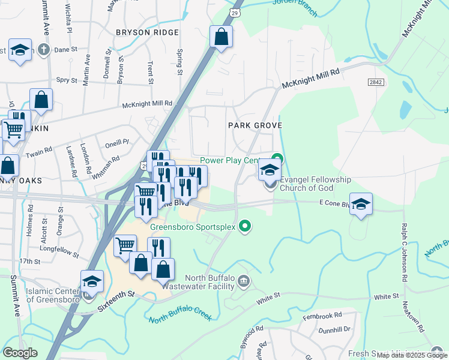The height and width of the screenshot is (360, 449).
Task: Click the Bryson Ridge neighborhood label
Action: [x=147, y=32]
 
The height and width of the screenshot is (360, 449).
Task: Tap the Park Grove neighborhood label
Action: [x=255, y=125]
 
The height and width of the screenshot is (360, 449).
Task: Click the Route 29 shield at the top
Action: [x=235, y=12]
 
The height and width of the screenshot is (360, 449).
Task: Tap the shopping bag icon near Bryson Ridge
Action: [x=221, y=37]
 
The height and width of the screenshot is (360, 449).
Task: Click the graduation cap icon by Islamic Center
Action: [x=92, y=281]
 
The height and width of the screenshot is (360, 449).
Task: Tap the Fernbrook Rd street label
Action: [x=322, y=315]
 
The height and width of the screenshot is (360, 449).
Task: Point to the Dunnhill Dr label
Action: [x=334, y=329]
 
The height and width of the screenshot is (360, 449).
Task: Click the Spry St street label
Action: [x=66, y=80]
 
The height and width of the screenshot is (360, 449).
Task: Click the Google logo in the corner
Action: [x=20, y=352]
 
